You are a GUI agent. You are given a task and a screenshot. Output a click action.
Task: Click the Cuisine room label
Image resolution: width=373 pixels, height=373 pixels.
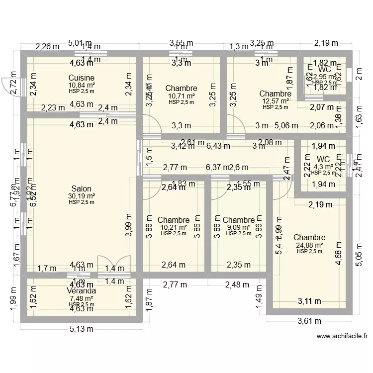click(81, 78)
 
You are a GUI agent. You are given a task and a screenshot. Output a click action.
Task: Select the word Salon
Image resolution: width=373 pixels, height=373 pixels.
click(81, 188)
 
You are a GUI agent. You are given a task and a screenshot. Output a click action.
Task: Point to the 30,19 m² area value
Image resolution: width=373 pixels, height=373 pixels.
click(81, 195)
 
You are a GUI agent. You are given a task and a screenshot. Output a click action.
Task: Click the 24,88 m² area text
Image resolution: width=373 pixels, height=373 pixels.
click(309, 245)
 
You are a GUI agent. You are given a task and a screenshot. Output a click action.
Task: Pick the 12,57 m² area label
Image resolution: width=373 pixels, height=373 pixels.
click(275, 101)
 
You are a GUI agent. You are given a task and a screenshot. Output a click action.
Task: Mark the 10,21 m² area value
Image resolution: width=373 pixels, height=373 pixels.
click(173, 227)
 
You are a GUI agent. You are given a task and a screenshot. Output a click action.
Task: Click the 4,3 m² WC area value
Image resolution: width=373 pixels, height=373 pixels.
click(323, 167)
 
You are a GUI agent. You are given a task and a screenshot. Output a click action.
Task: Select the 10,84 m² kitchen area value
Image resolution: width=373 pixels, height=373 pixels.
click(81, 85)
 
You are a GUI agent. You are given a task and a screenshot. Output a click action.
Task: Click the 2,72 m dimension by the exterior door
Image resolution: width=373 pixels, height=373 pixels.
click(14, 87)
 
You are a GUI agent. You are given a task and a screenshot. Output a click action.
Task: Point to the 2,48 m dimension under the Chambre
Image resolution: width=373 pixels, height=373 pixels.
click(237, 285)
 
